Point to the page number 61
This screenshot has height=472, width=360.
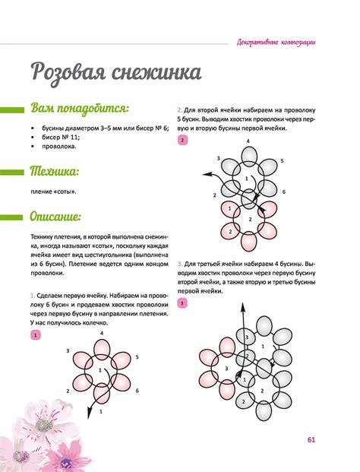[311, 439]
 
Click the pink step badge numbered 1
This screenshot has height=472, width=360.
[35, 334]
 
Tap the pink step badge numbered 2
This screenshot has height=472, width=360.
[182, 141]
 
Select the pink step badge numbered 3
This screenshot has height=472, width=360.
[182, 303]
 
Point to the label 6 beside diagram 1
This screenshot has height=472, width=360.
[137, 391]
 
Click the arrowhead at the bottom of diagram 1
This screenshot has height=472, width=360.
[90, 413]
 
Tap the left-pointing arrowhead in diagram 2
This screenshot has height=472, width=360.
[206, 174]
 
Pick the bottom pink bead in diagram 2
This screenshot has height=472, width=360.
[248, 241]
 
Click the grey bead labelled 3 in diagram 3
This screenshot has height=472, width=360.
[243, 335]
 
